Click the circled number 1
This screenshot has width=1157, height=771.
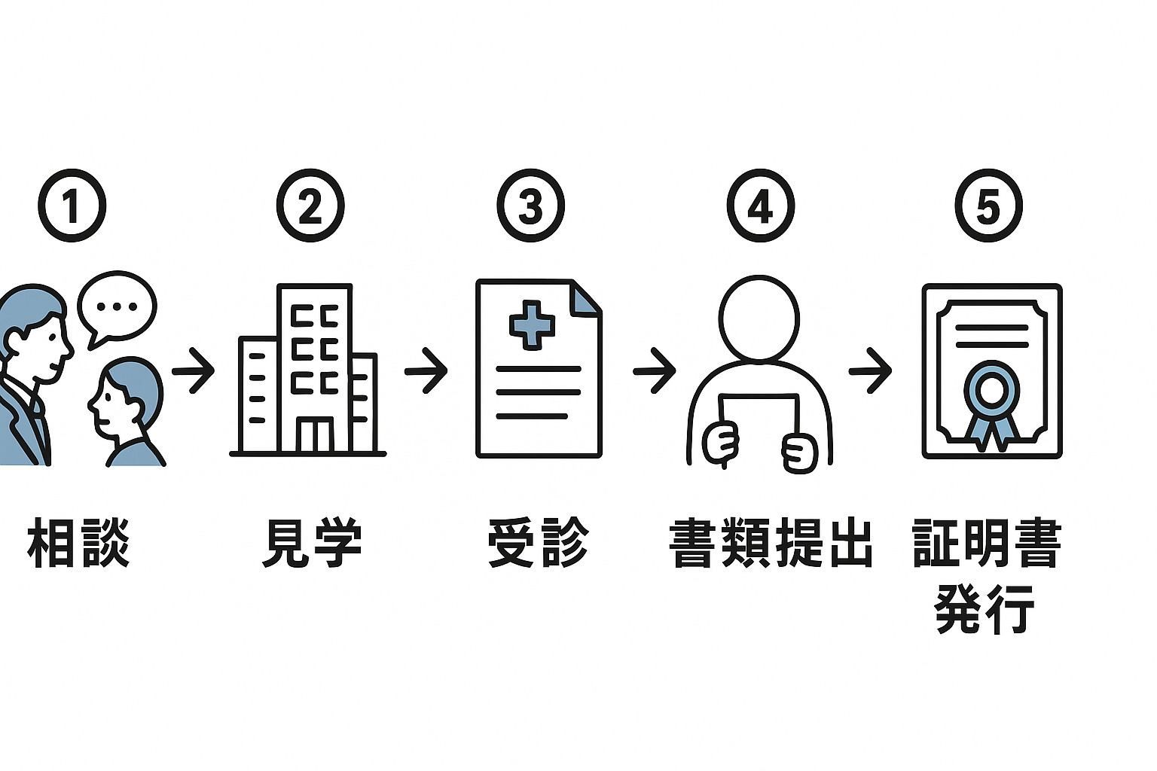pyautogui.click(x=72, y=206)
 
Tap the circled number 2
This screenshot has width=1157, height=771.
pyautogui.click(x=310, y=206)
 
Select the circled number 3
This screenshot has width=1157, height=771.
pyautogui.click(x=530, y=206)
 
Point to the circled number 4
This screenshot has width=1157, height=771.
pyautogui.click(x=760, y=206)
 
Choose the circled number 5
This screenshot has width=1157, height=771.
pyautogui.click(x=988, y=206)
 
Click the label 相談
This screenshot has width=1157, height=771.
pyautogui.click(x=78, y=542)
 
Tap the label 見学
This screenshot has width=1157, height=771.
pyautogui.click(x=311, y=542)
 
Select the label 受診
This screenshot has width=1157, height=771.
pyautogui.click(x=537, y=542)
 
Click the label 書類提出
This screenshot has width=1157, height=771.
pyautogui.click(x=771, y=542)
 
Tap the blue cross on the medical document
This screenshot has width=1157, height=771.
pyautogui.click(x=532, y=325)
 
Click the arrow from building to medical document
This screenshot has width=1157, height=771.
pyautogui.click(x=426, y=370)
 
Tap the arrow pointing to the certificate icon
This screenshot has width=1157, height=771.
pyautogui.click(x=870, y=370)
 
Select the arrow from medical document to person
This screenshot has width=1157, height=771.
pyautogui.click(x=654, y=370)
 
